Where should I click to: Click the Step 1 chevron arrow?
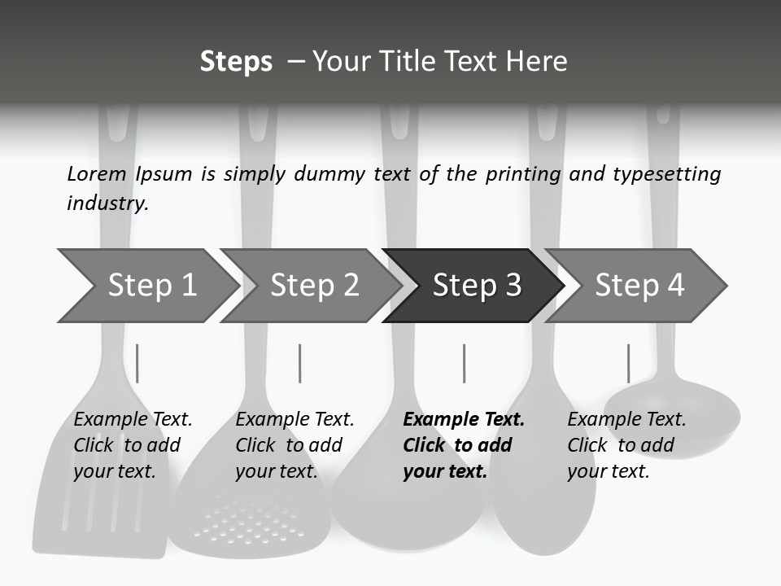150,286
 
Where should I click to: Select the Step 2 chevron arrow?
312,286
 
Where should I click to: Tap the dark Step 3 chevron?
475,286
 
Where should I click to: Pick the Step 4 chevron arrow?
638,286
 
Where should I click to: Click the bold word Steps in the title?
236,62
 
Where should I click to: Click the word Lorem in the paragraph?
97,173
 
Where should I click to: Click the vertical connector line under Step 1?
137,363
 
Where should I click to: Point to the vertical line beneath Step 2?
300,363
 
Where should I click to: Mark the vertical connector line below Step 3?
464,363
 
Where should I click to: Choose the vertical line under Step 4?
628,363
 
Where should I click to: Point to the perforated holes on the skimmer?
244,521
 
